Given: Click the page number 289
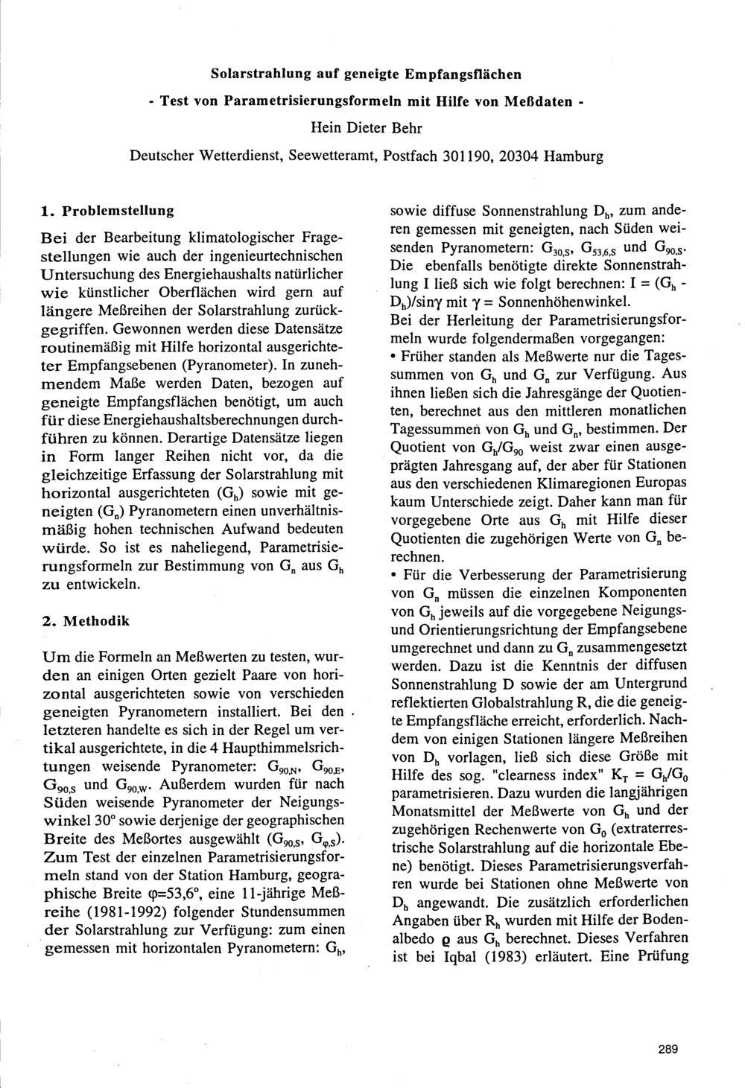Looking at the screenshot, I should pyautogui.click(x=668, y=1050).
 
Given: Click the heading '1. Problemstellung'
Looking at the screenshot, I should pyautogui.click(x=107, y=211).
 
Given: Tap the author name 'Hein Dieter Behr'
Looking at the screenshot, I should pyautogui.click(x=366, y=128).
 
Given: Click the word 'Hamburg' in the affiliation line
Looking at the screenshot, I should pyautogui.click(x=574, y=156).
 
